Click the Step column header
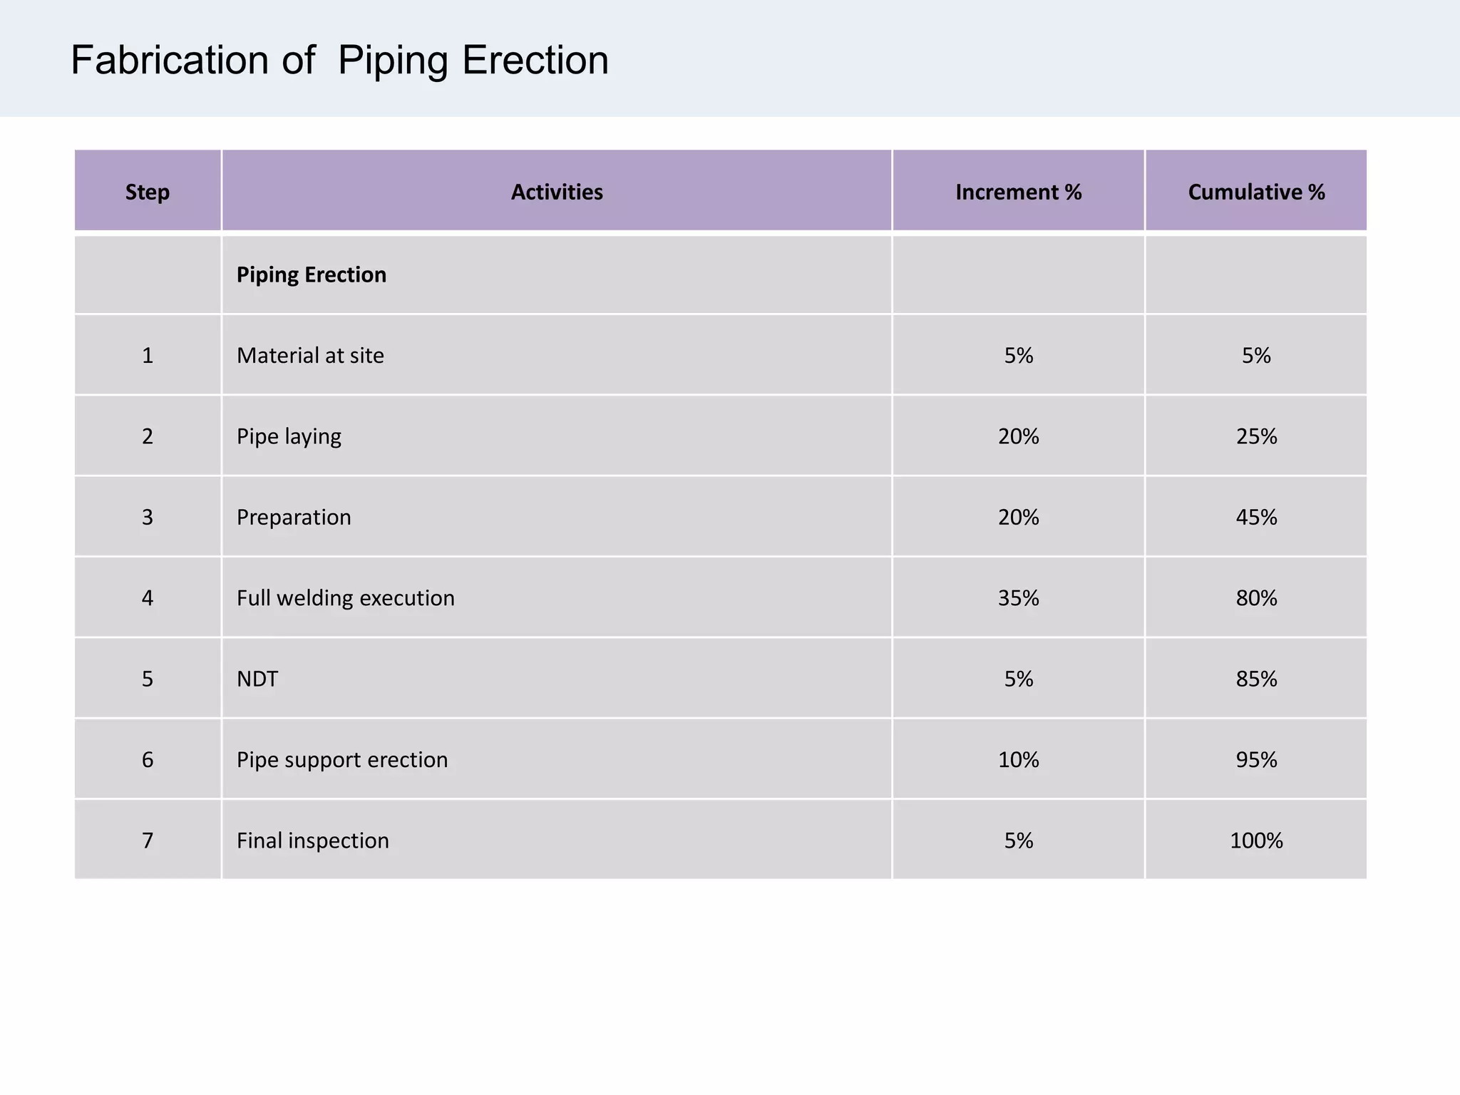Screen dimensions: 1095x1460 (x=148, y=192)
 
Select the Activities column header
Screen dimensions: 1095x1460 (x=557, y=192)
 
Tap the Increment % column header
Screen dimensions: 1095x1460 (x=1018, y=192)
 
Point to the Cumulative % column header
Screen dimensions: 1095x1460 (x=1256, y=192)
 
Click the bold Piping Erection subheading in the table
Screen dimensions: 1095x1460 (x=312, y=274)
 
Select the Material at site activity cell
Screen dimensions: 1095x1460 (x=310, y=355)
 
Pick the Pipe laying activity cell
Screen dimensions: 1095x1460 (x=289, y=436)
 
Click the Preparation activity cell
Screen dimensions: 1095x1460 (x=294, y=517)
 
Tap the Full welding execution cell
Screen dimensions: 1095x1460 (x=346, y=597)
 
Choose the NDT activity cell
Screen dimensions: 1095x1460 (x=257, y=679)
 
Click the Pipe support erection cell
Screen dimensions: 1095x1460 (x=342, y=759)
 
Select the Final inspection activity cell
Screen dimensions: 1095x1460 (x=313, y=840)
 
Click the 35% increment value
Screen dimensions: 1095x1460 (x=1018, y=597)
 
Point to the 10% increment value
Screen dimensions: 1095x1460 (x=1018, y=759)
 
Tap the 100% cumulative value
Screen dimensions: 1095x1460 (x=1256, y=840)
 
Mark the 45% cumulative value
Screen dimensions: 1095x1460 (x=1256, y=517)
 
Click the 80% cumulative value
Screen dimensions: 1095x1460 (x=1256, y=597)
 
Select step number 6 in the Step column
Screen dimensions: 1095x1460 (x=148, y=759)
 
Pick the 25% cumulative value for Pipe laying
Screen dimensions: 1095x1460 (x=1256, y=436)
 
